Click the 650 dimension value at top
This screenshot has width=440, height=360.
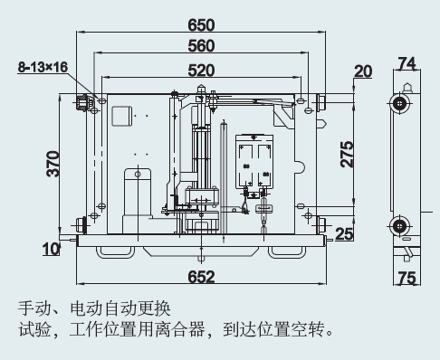(x=201, y=25)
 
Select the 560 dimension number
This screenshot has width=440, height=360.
(x=201, y=46)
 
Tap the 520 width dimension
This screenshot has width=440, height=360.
(x=201, y=71)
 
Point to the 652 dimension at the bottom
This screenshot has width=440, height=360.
(x=201, y=277)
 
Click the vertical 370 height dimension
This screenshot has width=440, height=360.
(x=53, y=164)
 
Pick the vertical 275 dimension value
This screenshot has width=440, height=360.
(x=347, y=154)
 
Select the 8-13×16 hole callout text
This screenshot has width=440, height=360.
(x=43, y=67)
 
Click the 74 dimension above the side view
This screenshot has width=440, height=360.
(x=407, y=63)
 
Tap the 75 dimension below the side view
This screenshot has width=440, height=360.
(x=407, y=278)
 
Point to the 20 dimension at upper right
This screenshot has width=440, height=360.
(x=363, y=71)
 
